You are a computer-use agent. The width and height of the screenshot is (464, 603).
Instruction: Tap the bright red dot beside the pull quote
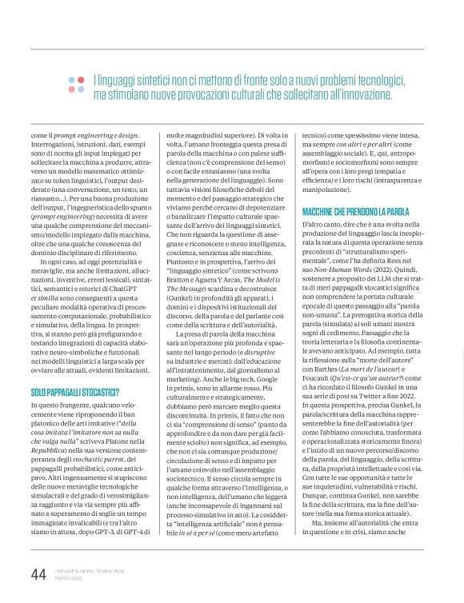[x=72, y=78]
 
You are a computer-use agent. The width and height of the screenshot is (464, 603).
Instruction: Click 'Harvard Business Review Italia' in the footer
[x=90, y=570]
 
